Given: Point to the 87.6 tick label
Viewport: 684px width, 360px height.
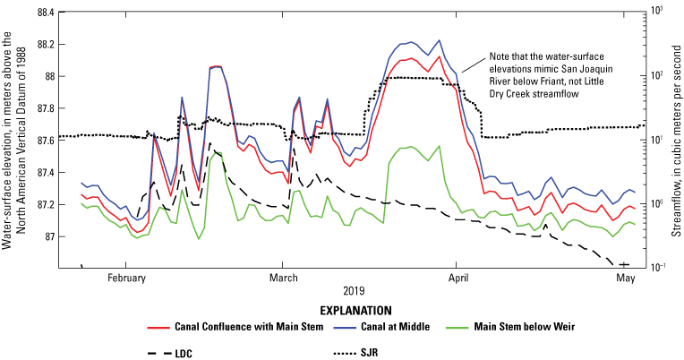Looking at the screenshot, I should pyautogui.click(x=42, y=140).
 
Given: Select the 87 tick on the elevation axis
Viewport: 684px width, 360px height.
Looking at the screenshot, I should pyautogui.click(x=47, y=236).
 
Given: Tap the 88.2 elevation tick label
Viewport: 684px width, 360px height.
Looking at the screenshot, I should pyautogui.click(x=42, y=44).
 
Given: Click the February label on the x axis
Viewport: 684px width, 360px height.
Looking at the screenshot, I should pyautogui.click(x=126, y=279).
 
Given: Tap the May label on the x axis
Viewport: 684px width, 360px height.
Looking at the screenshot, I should pyautogui.click(x=627, y=279).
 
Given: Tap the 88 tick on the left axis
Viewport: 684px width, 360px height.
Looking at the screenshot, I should pyautogui.click(x=47, y=76).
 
